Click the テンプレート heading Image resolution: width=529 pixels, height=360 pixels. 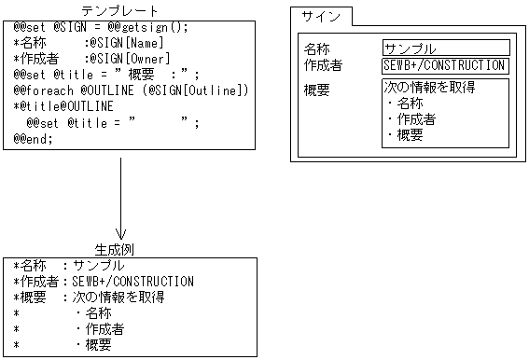tap(119, 9)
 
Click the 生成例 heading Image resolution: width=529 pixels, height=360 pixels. tap(119, 249)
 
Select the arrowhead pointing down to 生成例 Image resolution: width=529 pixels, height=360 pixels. tap(120, 233)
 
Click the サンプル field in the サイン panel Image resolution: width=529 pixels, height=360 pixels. tap(445, 48)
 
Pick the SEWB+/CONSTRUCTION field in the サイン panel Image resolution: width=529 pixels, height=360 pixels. tap(445, 66)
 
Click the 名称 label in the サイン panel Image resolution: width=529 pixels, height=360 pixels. tap(317, 48)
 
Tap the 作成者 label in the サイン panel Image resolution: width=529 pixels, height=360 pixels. tap(323, 66)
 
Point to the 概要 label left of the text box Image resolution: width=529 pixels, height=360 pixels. tap(317, 90)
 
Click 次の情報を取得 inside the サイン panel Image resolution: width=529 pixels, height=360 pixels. tap(430, 89)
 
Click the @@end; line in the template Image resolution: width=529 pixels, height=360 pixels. tap(34, 138)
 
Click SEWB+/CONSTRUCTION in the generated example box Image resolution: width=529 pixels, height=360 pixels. tap(133, 281)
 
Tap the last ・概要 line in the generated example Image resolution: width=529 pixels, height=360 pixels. tap(93, 344)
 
